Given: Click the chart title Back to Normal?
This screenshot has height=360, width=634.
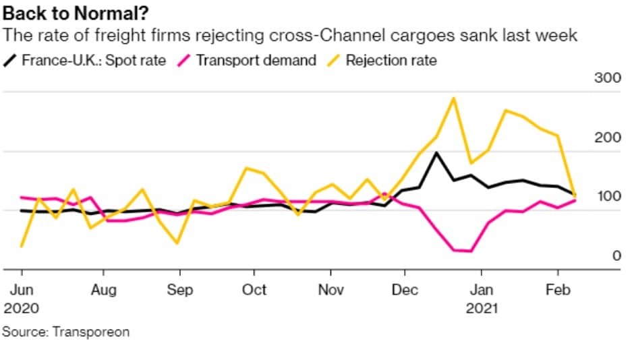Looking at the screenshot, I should (x=76, y=13).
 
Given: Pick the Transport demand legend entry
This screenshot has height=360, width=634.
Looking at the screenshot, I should (x=256, y=60).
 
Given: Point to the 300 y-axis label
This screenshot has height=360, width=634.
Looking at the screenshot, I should (x=607, y=78).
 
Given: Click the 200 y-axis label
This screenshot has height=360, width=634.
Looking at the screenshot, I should (x=607, y=138).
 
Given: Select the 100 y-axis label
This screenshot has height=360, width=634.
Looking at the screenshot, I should (x=607, y=196).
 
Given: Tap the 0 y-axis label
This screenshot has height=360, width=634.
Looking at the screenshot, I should (x=614, y=256).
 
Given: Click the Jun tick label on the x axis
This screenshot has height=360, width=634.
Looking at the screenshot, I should (x=22, y=290).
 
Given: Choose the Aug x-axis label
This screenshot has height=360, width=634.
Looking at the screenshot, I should (x=103, y=290).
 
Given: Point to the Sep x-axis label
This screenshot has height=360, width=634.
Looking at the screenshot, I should (x=179, y=290).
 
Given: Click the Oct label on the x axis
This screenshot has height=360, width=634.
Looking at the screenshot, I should (x=254, y=290).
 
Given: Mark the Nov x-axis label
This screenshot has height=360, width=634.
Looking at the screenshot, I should (x=330, y=290).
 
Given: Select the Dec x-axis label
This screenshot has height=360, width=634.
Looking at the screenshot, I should (x=405, y=290).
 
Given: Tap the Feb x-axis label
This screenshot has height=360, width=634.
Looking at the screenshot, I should (x=558, y=290).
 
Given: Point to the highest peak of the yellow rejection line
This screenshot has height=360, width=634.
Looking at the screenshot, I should (x=453, y=98).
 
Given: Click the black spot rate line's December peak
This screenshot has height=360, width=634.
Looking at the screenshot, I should (x=436, y=153).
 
